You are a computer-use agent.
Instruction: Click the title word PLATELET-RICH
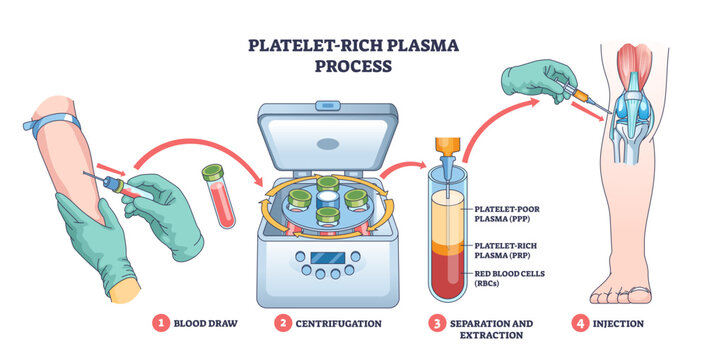click(306, 46)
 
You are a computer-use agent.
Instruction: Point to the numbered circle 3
click(436, 323)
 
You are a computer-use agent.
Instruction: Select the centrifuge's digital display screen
click(328, 259)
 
